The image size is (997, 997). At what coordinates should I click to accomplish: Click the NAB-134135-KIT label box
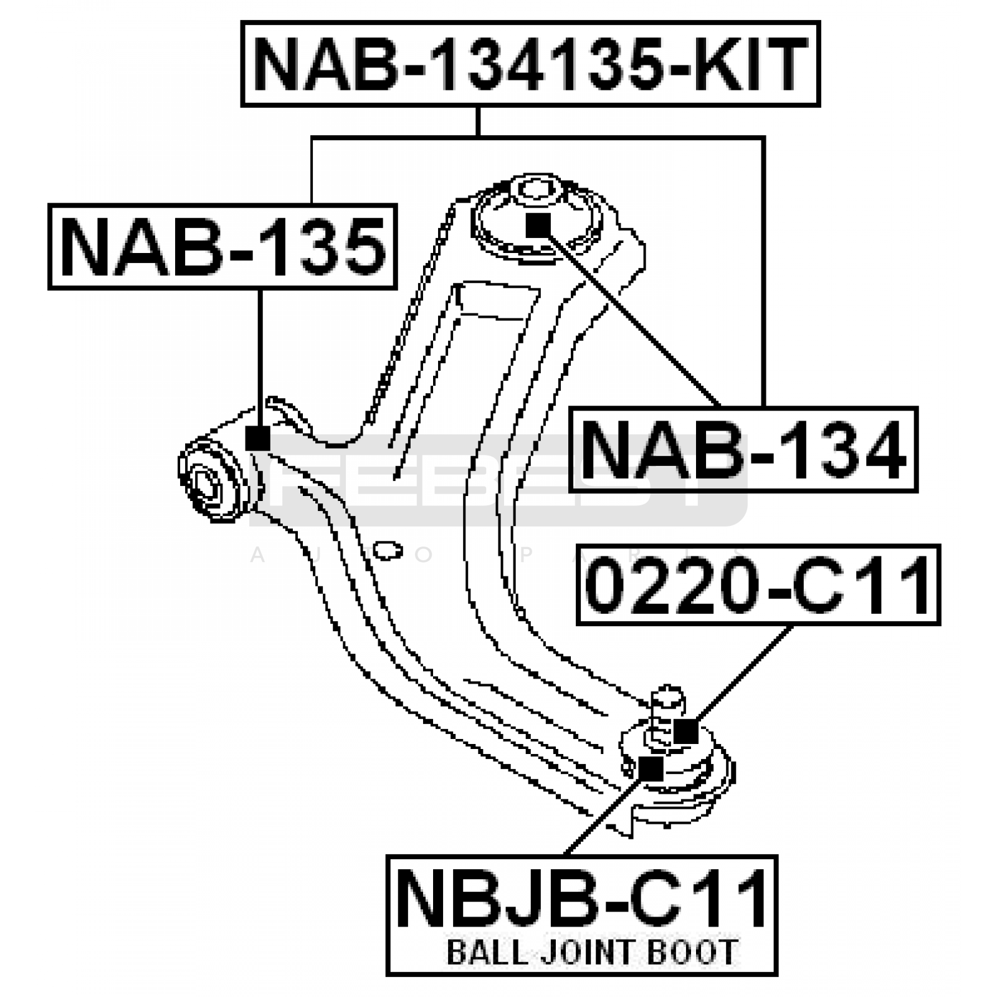point(530,64)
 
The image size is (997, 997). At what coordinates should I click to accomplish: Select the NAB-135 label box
point(222,247)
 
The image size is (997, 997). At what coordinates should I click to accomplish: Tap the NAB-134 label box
point(743,449)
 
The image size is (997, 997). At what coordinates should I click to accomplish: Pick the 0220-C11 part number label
point(759,584)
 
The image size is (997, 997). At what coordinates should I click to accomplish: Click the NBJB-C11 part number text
point(581,899)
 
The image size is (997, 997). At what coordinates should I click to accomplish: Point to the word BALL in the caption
point(482,952)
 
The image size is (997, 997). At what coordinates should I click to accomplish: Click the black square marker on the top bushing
point(538,225)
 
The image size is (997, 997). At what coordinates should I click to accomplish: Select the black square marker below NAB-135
point(258,438)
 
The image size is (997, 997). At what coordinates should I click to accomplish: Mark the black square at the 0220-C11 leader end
point(686,731)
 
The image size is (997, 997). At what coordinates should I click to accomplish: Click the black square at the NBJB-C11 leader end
point(651,769)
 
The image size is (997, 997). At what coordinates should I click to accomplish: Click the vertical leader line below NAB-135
point(259,358)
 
